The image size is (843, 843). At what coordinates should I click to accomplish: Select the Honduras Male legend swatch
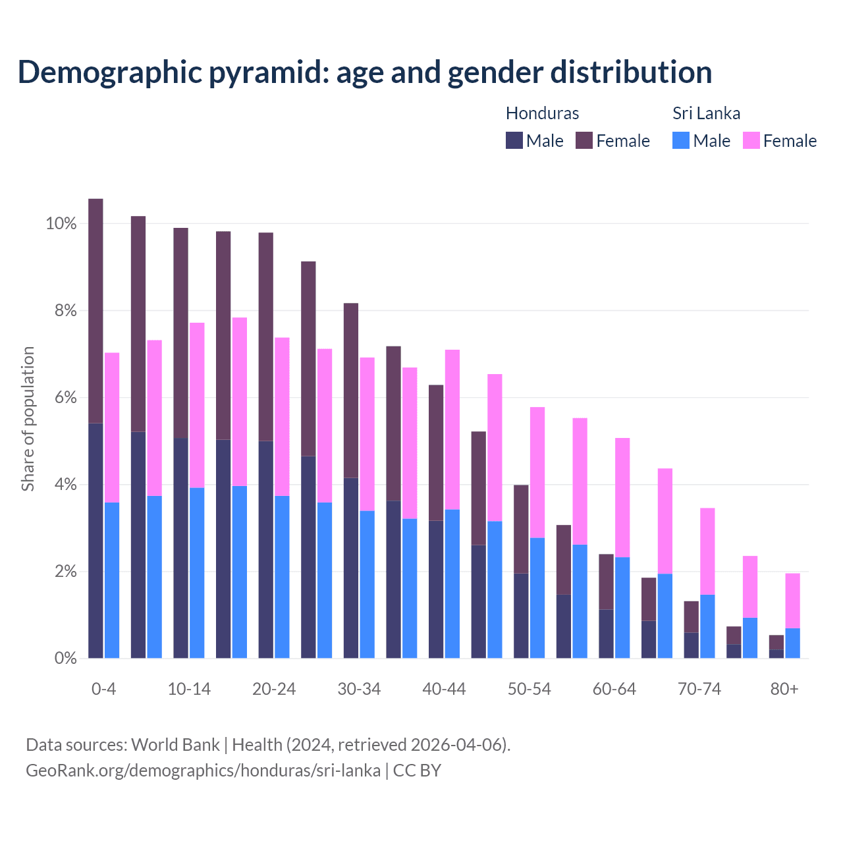coord(514,140)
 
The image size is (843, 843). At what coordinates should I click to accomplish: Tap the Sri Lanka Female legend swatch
coord(751,140)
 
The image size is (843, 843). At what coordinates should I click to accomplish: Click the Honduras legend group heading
coord(542,113)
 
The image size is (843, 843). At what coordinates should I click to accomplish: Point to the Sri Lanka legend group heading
coord(706,113)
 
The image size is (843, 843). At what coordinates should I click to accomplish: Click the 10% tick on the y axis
coord(61,224)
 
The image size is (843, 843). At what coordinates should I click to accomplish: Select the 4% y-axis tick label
coord(65,485)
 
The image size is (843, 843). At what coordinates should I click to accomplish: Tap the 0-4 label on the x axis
coord(103,689)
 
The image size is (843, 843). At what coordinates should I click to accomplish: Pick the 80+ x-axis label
coord(784,689)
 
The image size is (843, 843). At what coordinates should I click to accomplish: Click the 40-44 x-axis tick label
coord(444,689)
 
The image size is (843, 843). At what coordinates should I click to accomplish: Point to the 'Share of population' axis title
coord(28,419)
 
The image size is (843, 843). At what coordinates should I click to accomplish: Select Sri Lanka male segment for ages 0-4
coord(112,580)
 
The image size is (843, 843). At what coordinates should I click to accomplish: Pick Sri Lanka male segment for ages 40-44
coord(452,584)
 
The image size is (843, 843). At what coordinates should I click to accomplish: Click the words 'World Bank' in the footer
coord(175,745)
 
